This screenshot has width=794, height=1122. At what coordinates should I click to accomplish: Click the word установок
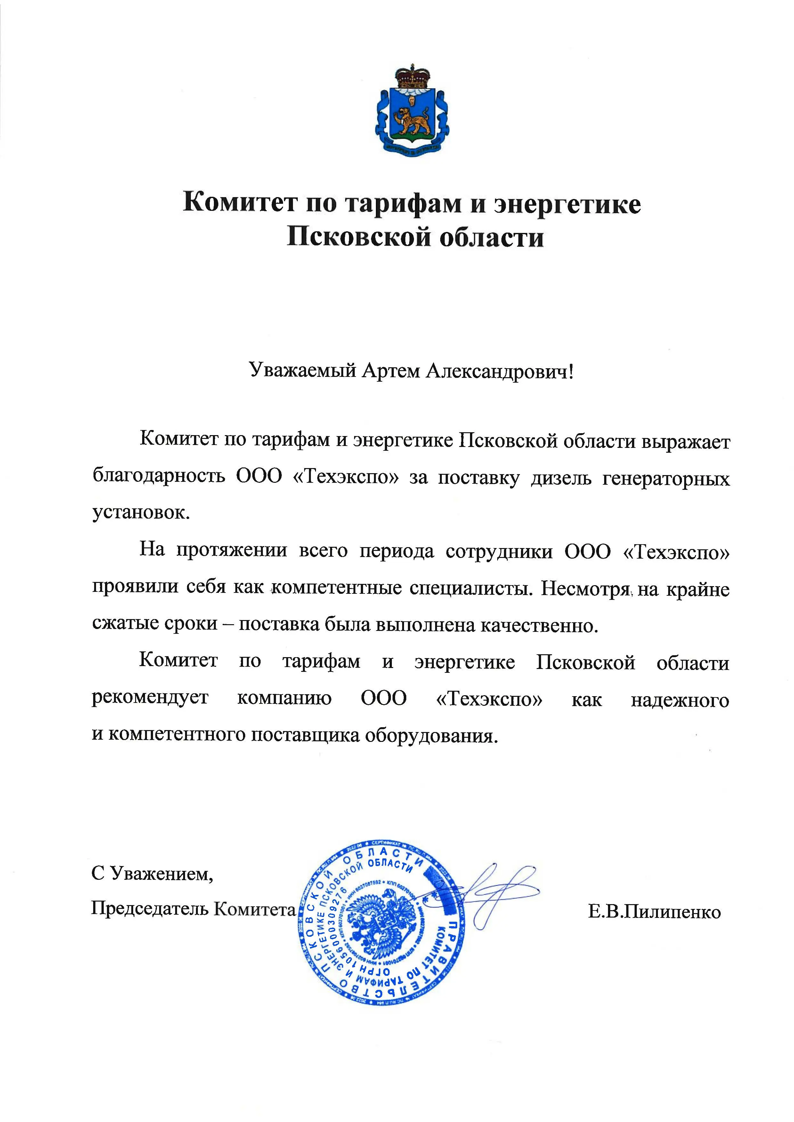pyautogui.click(x=140, y=513)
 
